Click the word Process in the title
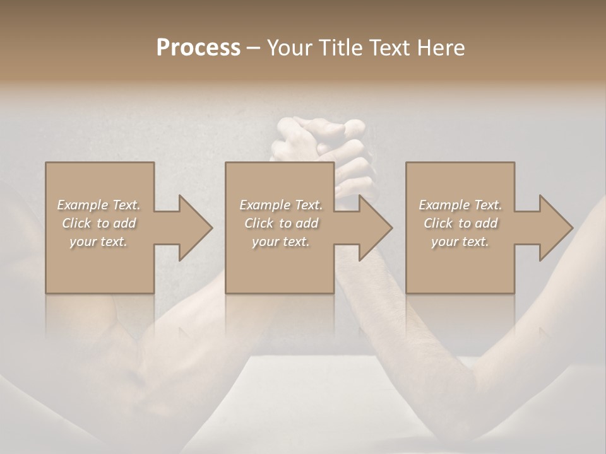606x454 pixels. [x=198, y=48]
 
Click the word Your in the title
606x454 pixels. [x=290, y=48]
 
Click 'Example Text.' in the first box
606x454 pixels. [x=98, y=205]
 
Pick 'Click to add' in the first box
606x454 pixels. [x=98, y=223]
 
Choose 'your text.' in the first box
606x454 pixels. [x=98, y=242]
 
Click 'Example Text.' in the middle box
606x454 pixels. [x=280, y=205]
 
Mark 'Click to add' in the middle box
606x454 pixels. [x=280, y=223]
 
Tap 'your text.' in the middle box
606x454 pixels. [x=280, y=242]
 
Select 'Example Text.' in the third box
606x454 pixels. [x=460, y=205]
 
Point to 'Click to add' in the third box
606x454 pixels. [x=460, y=223]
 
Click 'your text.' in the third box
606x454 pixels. [x=460, y=242]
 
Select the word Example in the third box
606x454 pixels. [x=444, y=205]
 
